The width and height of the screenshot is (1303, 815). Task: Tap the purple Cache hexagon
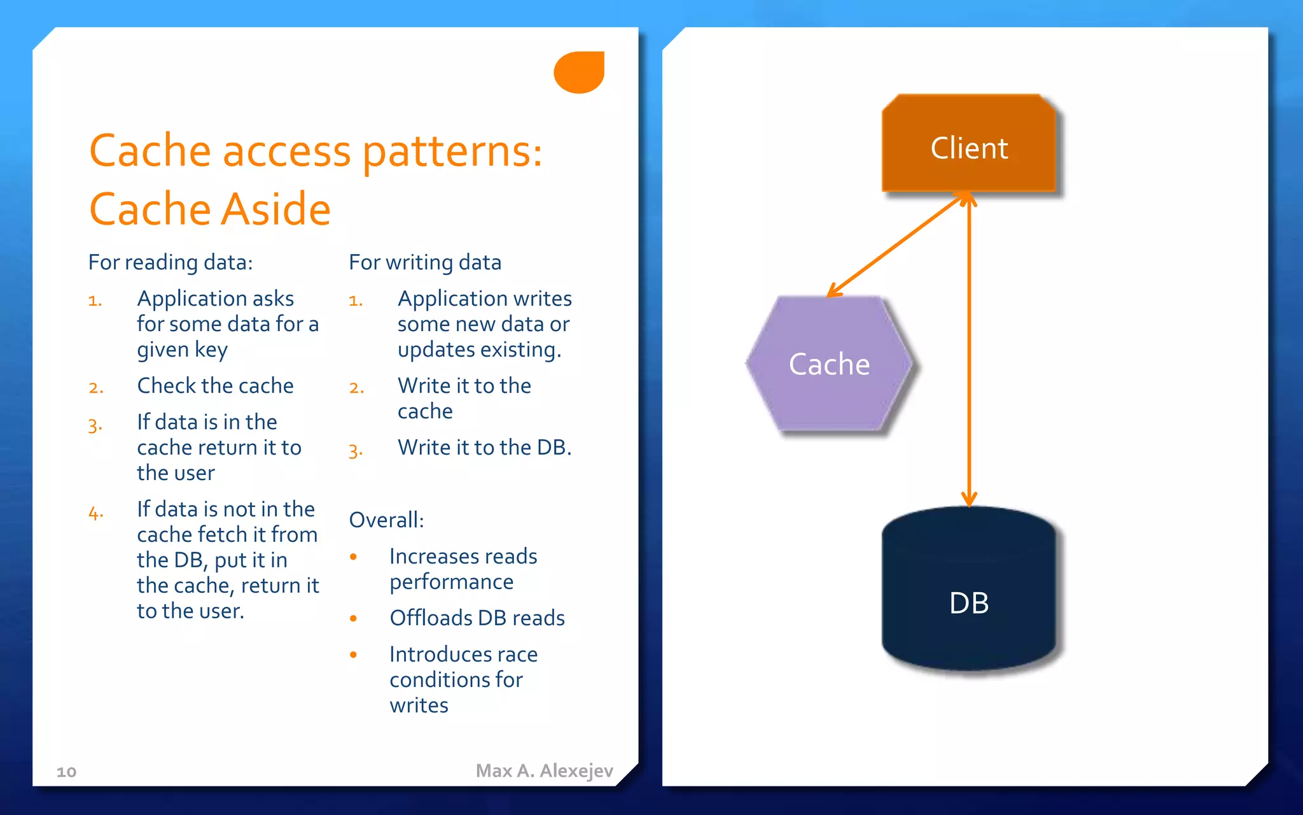click(829, 364)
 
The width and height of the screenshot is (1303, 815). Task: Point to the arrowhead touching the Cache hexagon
click(833, 292)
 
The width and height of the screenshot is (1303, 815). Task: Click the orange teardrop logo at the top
click(578, 72)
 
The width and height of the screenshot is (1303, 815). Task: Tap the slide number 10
click(66, 772)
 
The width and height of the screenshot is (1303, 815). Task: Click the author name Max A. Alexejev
click(544, 770)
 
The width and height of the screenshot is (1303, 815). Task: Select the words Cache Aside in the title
click(210, 209)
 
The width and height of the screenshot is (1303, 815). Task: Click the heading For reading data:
click(171, 262)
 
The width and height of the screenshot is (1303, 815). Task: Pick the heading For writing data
click(425, 262)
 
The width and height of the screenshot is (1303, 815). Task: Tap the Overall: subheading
click(386, 520)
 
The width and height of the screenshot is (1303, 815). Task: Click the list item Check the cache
click(215, 386)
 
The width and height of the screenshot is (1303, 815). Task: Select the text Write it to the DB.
click(484, 448)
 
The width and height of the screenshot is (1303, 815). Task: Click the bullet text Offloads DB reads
click(477, 618)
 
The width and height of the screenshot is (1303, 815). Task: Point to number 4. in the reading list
click(95, 513)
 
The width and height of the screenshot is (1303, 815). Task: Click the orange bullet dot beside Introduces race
click(354, 655)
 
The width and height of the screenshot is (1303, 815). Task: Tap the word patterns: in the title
click(452, 152)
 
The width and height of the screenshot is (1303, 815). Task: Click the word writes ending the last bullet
click(419, 705)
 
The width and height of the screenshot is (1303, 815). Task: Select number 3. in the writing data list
click(356, 451)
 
